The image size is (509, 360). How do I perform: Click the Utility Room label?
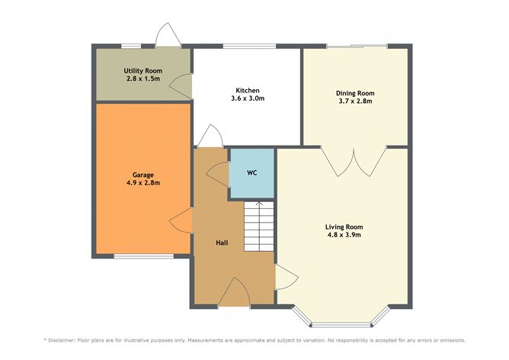(x=142, y=70)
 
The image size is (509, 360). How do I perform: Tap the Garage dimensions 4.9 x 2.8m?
(x=142, y=183)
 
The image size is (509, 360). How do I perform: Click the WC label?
(x=251, y=173)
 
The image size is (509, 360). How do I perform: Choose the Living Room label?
(x=344, y=227)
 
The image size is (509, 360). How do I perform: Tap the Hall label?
(x=222, y=242)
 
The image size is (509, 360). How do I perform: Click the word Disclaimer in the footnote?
(x=66, y=339)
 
